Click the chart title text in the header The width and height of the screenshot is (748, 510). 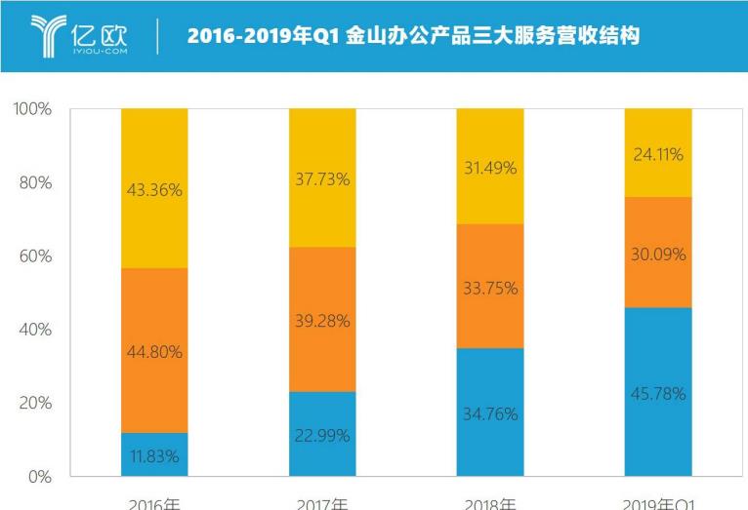(x=413, y=36)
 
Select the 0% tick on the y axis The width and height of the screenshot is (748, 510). (x=40, y=477)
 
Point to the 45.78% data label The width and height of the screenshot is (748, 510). (x=658, y=395)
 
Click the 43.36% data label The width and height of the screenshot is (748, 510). (x=154, y=191)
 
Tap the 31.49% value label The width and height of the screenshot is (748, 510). (x=490, y=169)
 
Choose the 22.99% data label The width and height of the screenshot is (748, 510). (x=322, y=436)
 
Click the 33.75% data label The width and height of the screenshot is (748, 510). (x=490, y=289)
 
